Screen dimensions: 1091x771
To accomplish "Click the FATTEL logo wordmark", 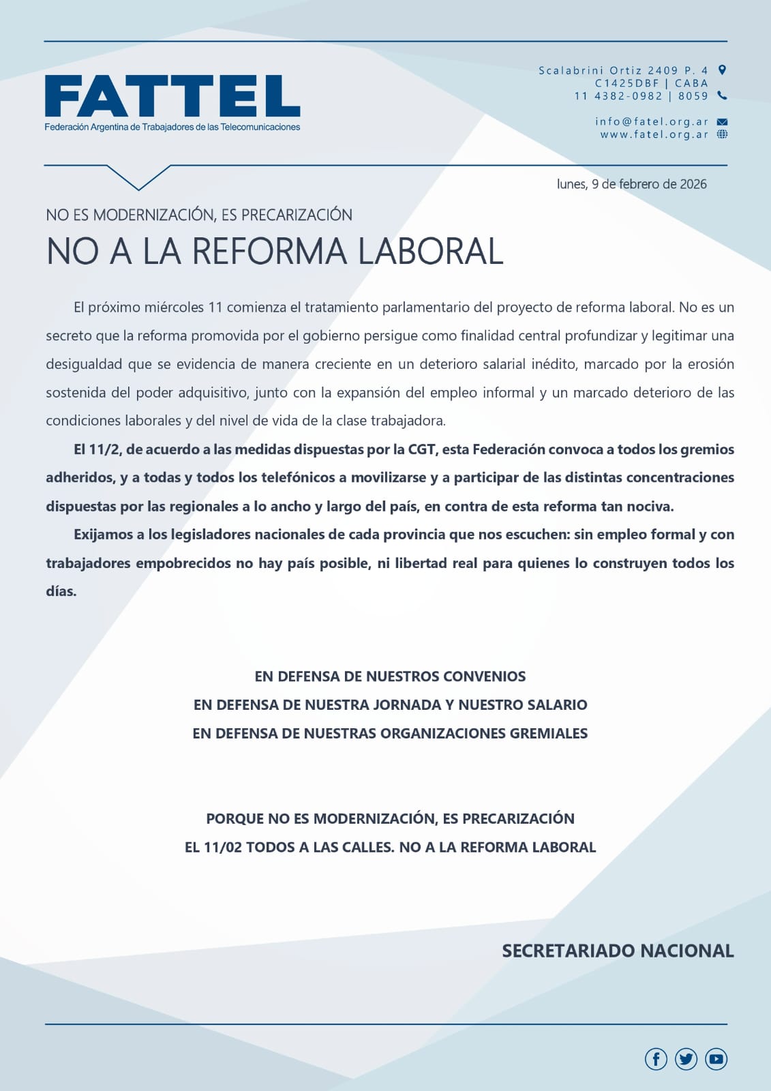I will coord(172,96).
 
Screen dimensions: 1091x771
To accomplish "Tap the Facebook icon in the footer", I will coord(656,1059).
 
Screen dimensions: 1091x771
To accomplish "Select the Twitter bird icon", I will coord(686,1059).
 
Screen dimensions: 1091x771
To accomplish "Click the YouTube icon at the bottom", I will coord(716,1059).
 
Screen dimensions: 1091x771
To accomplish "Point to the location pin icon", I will coord(723,70).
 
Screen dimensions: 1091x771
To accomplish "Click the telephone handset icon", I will coord(723,95).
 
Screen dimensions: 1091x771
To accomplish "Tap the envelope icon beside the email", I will coord(723,122).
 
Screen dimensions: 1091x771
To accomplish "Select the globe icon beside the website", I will coord(723,134).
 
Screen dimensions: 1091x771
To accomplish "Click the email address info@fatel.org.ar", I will coord(652,121).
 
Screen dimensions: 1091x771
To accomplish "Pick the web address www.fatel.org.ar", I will coord(654,134).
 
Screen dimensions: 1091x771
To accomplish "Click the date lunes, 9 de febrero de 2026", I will coord(631,184).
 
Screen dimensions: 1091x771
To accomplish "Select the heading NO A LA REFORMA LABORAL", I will coord(275,251).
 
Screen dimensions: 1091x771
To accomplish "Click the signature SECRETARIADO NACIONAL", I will coord(618,951).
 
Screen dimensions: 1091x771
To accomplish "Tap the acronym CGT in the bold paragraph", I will coord(422,449).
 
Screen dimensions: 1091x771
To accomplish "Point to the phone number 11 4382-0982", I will coord(618,96).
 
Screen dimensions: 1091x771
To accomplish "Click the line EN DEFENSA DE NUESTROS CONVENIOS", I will coord(390,676).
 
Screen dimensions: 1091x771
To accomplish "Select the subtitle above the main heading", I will coord(199,215).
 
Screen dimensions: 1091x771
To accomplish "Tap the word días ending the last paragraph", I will coord(61,592).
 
